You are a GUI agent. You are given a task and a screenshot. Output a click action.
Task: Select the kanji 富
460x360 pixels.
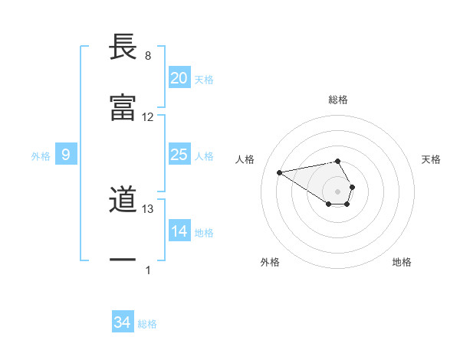tap(123, 108)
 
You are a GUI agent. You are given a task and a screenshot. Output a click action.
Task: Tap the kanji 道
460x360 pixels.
tap(123, 201)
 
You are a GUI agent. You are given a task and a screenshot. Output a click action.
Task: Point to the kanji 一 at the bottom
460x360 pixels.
tap(123, 261)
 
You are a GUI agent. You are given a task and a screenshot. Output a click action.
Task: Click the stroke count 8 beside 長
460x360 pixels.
tap(148, 56)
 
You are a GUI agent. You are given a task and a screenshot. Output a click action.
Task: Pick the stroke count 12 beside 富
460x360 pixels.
tap(148, 117)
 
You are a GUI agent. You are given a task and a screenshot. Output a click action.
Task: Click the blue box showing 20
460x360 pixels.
tap(179, 78)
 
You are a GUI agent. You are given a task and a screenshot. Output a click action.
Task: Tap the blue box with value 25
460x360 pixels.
tap(179, 155)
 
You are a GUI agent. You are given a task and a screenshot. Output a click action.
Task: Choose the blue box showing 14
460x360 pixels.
tap(179, 231)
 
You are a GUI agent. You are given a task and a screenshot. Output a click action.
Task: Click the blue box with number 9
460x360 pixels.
tap(66, 155)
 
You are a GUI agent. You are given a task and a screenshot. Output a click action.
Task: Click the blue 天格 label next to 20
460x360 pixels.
tap(204, 80)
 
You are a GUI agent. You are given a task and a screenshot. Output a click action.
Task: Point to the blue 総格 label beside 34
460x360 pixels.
tap(147, 325)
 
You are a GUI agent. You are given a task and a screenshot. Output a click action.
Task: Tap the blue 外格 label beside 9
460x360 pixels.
tap(41, 156)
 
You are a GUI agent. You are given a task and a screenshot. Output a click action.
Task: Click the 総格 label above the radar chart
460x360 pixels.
tap(338, 100)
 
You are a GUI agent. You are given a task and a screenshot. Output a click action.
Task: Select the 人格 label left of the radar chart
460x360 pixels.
tap(246, 159)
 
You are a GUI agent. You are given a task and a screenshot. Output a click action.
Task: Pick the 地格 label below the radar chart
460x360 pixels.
tap(402, 262)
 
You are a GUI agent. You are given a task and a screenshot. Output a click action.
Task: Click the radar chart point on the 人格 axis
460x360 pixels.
tap(279, 172)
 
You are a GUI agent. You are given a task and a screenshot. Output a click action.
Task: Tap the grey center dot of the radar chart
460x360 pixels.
tap(338, 191)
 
